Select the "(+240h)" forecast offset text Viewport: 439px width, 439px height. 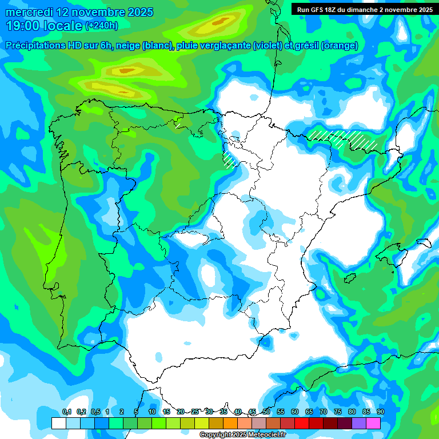tap(101, 26)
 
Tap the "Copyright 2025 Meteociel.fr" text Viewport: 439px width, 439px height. tap(242, 435)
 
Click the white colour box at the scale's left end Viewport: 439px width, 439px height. tap(59, 423)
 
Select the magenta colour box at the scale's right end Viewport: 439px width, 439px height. tap(373, 423)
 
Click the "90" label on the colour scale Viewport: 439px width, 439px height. tap(380, 412)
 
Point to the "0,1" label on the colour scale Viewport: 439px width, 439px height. tap(66, 412)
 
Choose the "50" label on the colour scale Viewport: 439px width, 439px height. tap(266, 412)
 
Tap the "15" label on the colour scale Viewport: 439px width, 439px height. tap(166, 412)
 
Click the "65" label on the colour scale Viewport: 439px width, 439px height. tap(309, 412)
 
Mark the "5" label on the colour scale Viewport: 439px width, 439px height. tap(136, 412)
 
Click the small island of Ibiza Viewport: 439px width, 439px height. tap(348, 278)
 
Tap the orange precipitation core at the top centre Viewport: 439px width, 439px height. tap(219, 23)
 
